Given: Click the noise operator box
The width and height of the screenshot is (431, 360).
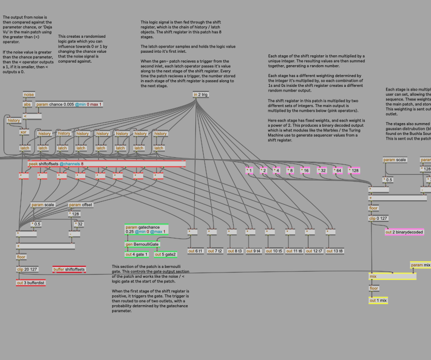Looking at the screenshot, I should click(28, 95).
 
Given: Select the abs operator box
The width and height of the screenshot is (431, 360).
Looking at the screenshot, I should click(27, 104).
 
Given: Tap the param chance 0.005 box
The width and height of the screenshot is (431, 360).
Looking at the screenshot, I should click(69, 104).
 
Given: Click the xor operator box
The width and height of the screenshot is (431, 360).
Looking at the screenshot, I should click(24, 132).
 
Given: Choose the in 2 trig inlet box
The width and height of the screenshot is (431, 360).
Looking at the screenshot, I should click(201, 95).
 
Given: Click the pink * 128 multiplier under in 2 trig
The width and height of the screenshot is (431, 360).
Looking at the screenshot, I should click(355, 170).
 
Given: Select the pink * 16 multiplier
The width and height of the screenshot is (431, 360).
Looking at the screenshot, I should click(305, 170).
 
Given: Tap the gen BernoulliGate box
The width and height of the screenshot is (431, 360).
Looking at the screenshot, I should click(142, 244).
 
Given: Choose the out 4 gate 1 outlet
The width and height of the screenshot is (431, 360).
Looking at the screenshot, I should click(136, 254).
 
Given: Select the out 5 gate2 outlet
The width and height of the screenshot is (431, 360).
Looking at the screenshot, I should click(165, 254).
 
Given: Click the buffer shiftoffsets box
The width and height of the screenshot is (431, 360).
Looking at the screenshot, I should click(70, 269).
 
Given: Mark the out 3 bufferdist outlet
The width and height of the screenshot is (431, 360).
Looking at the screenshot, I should click(31, 282).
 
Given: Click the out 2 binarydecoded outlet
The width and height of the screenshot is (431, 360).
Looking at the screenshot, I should click(404, 232).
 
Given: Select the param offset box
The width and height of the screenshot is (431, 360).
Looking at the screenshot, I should click(81, 205).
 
